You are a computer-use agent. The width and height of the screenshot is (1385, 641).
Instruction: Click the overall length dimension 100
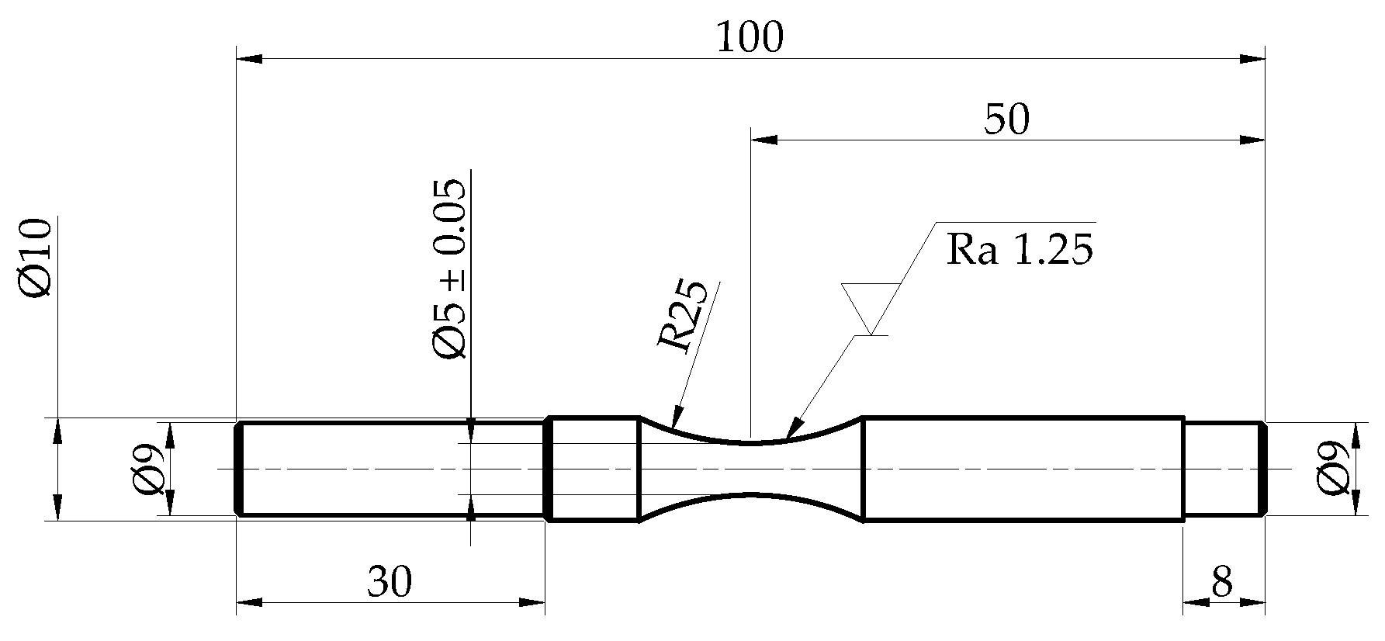point(750,37)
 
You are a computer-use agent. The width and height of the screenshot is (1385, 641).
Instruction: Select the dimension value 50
point(1006,120)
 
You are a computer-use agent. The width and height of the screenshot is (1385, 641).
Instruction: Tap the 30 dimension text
point(390,581)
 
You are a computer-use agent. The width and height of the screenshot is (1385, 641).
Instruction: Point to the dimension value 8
point(1221,581)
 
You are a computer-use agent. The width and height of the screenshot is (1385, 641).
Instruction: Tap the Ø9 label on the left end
point(147,469)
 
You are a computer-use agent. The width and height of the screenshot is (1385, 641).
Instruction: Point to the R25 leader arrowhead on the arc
point(677,419)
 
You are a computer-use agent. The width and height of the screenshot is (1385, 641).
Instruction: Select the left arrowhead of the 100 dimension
point(250,58)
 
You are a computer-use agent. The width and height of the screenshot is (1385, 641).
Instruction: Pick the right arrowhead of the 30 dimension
point(531,601)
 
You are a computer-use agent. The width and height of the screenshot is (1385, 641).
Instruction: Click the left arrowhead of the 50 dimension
point(763,140)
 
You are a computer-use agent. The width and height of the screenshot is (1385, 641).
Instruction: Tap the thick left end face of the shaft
point(240,469)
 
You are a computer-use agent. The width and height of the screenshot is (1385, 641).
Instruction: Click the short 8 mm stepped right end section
point(1224,469)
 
